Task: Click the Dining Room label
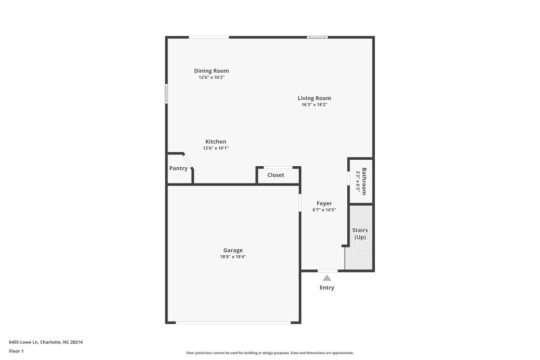pos(211,71)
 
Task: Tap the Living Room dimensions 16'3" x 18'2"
pos(314,105)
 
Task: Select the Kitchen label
pos(215,141)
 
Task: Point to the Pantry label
pos(178,168)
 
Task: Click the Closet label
pos(275,175)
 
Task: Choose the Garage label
pos(233,250)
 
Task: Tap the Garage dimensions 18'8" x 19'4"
pos(233,257)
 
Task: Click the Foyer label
pos(324,203)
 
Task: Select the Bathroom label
pos(364,181)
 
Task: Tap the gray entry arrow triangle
pos(327,278)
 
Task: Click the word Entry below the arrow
pos(327,288)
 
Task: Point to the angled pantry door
pos(188,161)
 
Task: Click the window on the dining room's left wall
pos(166,93)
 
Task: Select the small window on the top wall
pos(318,37)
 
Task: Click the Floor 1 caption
pos(16,351)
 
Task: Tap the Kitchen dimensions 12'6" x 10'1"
pos(215,148)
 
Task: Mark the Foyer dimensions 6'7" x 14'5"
pos(324,210)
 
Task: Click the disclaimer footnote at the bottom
pos(270,353)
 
